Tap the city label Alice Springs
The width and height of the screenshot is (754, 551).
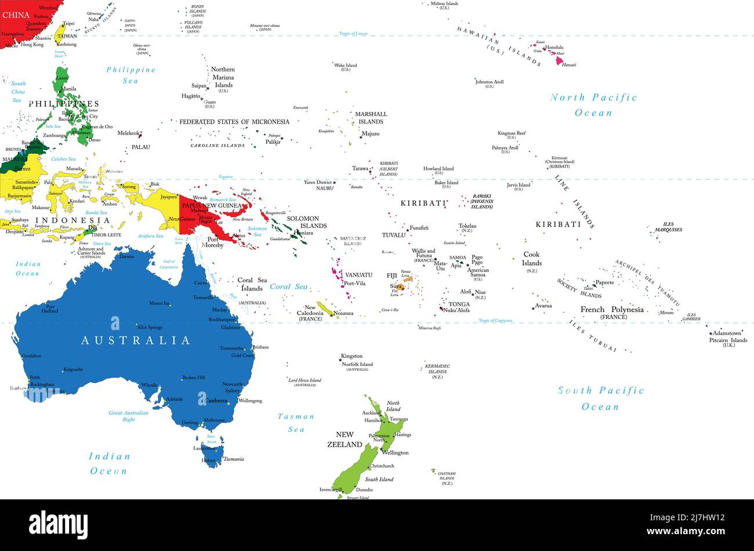(x=150, y=327)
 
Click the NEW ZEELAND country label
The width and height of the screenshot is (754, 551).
(x=345, y=439)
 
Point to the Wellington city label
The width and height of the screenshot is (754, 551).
(x=395, y=452)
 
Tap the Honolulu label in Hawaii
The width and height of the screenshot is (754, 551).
(x=554, y=48)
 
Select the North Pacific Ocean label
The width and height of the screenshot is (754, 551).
(x=593, y=105)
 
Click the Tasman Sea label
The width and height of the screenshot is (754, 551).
(x=296, y=422)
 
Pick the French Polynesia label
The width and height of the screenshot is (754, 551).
(x=612, y=310)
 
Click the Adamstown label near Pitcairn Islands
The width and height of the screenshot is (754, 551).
(x=727, y=333)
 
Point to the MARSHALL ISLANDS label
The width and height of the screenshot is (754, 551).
(x=371, y=118)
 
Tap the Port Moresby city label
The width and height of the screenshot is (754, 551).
(x=212, y=242)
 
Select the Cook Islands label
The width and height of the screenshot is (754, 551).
(x=531, y=259)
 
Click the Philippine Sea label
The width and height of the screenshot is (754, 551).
(x=130, y=75)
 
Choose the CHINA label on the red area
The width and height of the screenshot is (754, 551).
(x=16, y=15)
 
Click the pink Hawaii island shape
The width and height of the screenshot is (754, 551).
(x=559, y=60)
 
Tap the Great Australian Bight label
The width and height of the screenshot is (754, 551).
(x=129, y=416)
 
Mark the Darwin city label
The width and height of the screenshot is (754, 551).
(x=126, y=256)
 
